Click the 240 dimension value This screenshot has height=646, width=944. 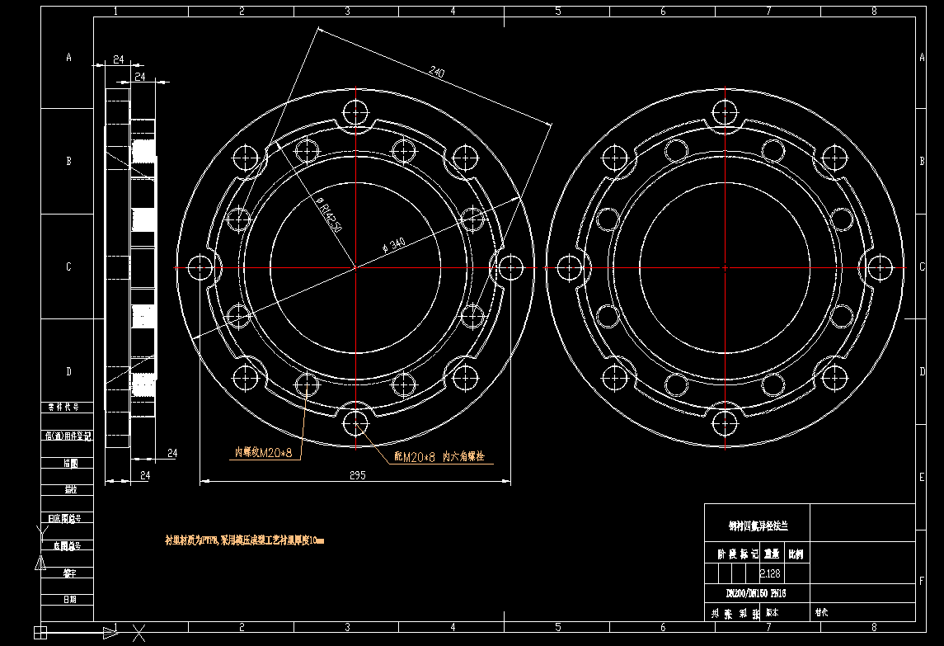tap(437, 73)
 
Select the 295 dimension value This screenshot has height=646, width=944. tap(357, 475)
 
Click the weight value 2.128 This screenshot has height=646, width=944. tap(770, 573)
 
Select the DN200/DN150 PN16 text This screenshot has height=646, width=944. tap(756, 593)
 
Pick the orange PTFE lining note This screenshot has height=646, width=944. tap(245, 541)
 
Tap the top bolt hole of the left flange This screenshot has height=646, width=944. tap(356, 111)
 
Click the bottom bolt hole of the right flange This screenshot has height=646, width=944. tap(725, 424)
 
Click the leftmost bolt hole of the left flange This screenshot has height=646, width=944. tap(200, 267)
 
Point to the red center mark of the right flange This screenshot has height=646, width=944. tap(725, 268)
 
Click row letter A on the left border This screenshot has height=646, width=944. tap(69, 57)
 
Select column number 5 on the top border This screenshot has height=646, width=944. tap(558, 11)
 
